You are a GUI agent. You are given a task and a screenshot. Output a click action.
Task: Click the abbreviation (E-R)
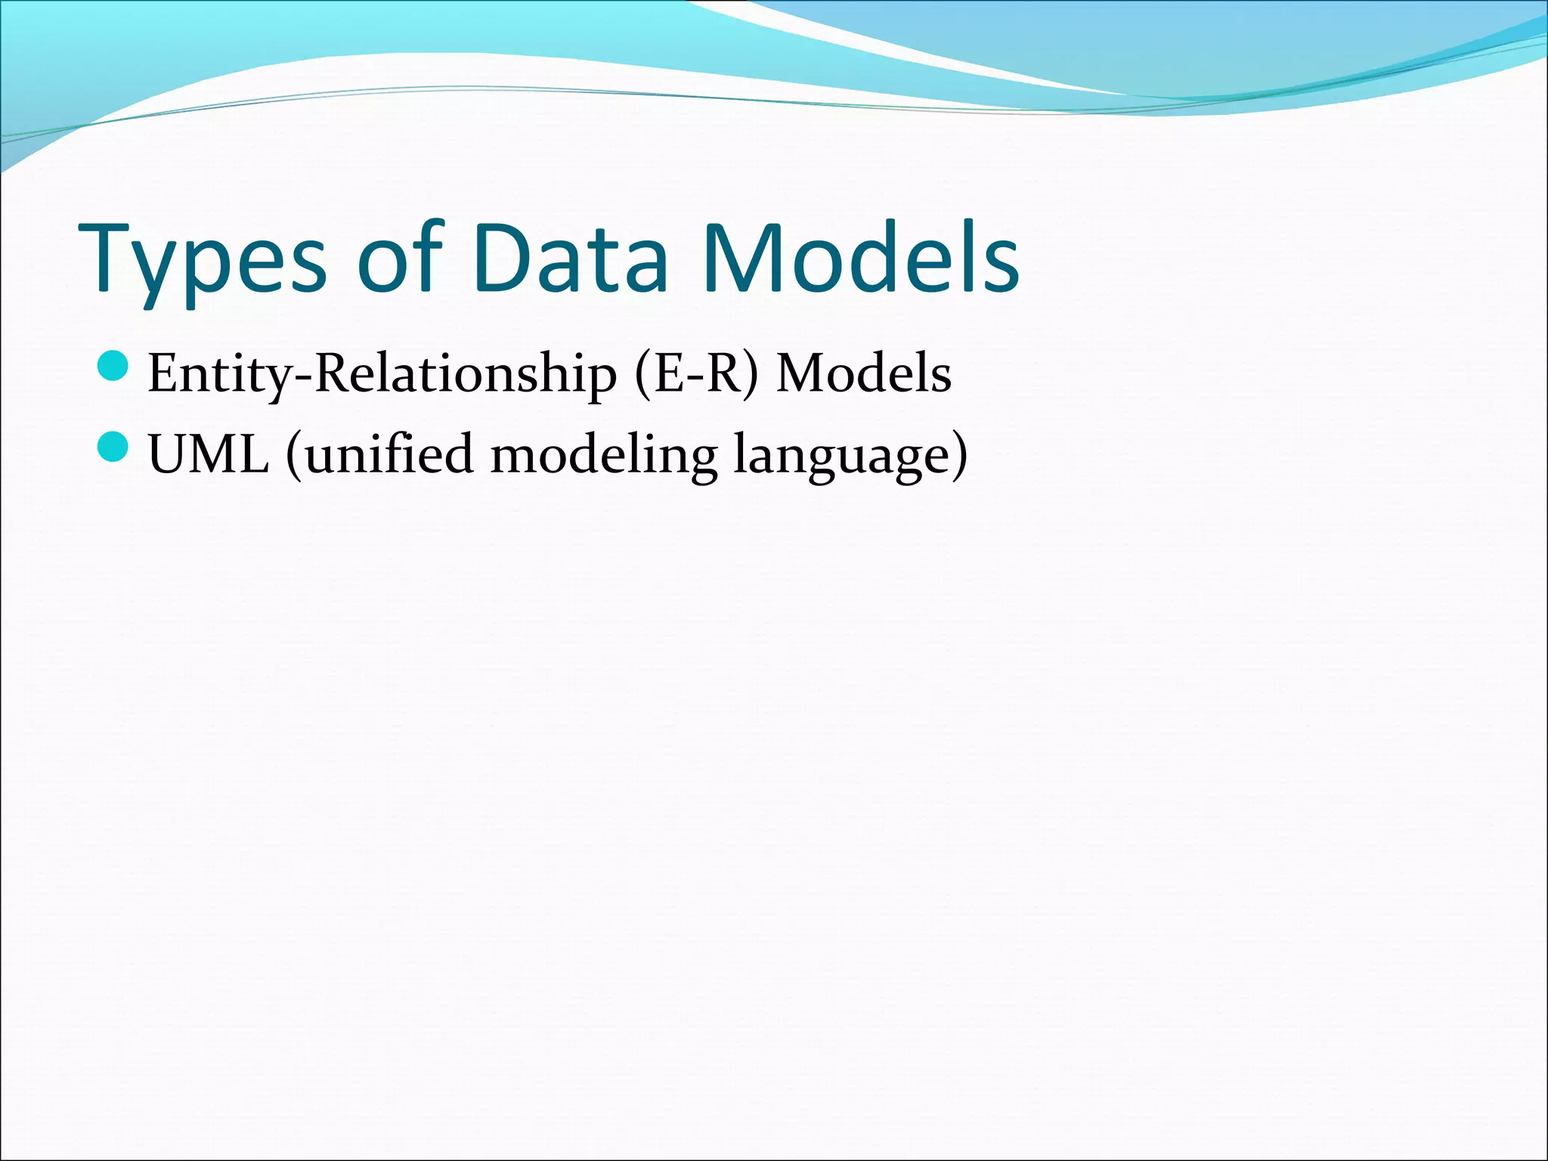click(x=695, y=374)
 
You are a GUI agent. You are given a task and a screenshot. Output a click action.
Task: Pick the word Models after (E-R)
click(x=864, y=374)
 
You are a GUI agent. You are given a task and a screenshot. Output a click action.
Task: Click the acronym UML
click(x=209, y=455)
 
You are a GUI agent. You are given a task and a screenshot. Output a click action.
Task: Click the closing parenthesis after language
click(x=959, y=455)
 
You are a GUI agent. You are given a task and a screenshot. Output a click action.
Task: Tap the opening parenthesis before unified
click(x=293, y=455)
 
